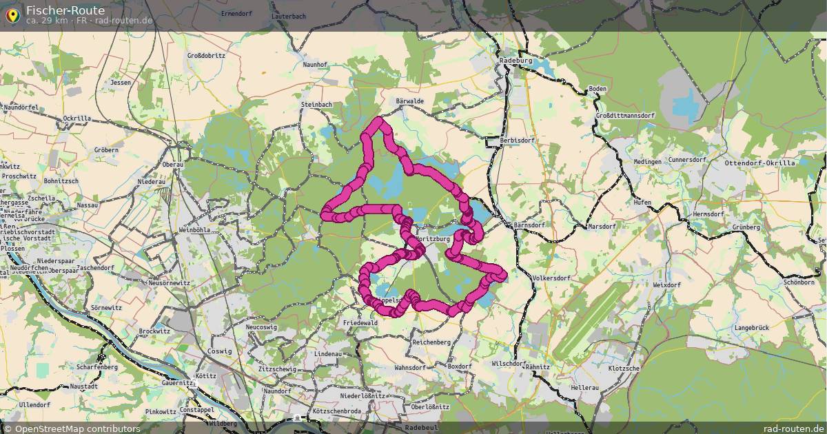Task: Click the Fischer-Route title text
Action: coord(65,10)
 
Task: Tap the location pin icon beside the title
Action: coord(12,14)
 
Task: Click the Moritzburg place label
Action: coord(433,239)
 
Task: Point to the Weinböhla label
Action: coord(194,229)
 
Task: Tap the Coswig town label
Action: coord(225,351)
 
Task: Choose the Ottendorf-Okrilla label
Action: coord(759,163)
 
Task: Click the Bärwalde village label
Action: coord(410,101)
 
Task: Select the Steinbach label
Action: coord(316,104)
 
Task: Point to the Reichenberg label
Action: coord(431,342)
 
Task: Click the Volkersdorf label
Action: coord(552,278)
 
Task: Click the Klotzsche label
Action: coord(624,369)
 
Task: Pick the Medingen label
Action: coord(648,161)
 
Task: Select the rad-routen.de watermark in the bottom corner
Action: coord(794,428)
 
